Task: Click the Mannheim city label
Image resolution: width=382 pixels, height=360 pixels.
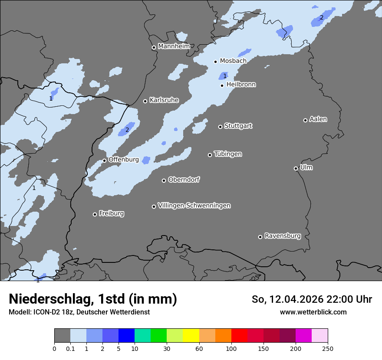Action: [x=174, y=46]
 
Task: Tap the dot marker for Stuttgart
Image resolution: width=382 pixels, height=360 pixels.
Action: [x=220, y=127]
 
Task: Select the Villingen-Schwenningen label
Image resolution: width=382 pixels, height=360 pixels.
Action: [x=194, y=206]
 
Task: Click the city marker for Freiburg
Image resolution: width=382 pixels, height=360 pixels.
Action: [x=95, y=214]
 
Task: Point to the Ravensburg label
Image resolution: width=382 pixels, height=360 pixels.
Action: [x=283, y=236]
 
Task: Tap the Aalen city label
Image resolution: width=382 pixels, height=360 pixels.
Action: [x=318, y=119]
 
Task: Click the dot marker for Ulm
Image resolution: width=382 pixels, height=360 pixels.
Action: [x=296, y=168]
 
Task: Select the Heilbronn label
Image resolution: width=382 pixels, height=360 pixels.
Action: [x=241, y=85]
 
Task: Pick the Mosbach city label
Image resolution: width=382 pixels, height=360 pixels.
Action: [x=233, y=61]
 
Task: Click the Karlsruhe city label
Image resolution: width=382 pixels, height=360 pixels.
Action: [x=164, y=100]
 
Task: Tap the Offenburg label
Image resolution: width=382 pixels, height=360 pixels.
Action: [x=124, y=160]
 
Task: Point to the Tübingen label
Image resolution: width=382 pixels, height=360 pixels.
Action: [x=228, y=154]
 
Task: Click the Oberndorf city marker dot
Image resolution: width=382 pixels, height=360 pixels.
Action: [x=164, y=180]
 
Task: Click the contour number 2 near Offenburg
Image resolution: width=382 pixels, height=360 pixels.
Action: [x=127, y=130]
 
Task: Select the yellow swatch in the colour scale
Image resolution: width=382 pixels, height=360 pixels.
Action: [x=191, y=336]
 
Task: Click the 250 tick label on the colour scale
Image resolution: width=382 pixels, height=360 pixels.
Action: [x=328, y=348]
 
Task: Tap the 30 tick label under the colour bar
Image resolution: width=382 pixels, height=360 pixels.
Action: [x=167, y=348]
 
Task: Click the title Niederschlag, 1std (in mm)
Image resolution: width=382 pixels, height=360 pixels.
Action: [x=93, y=299]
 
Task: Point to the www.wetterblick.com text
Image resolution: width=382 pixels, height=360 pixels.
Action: [x=313, y=312]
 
